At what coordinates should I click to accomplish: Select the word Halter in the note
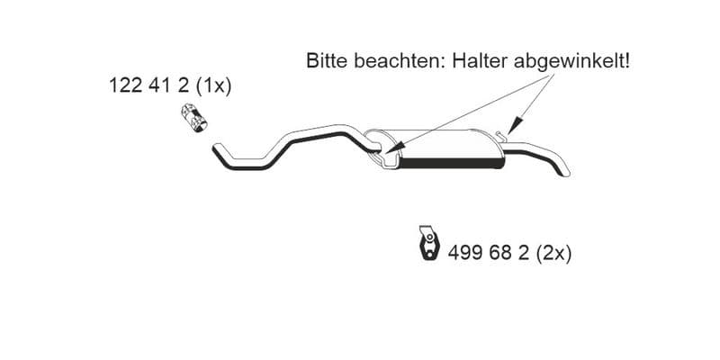480,61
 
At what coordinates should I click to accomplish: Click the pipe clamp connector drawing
193,118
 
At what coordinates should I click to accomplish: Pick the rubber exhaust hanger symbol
429,242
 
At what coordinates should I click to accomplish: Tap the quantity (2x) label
553,254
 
